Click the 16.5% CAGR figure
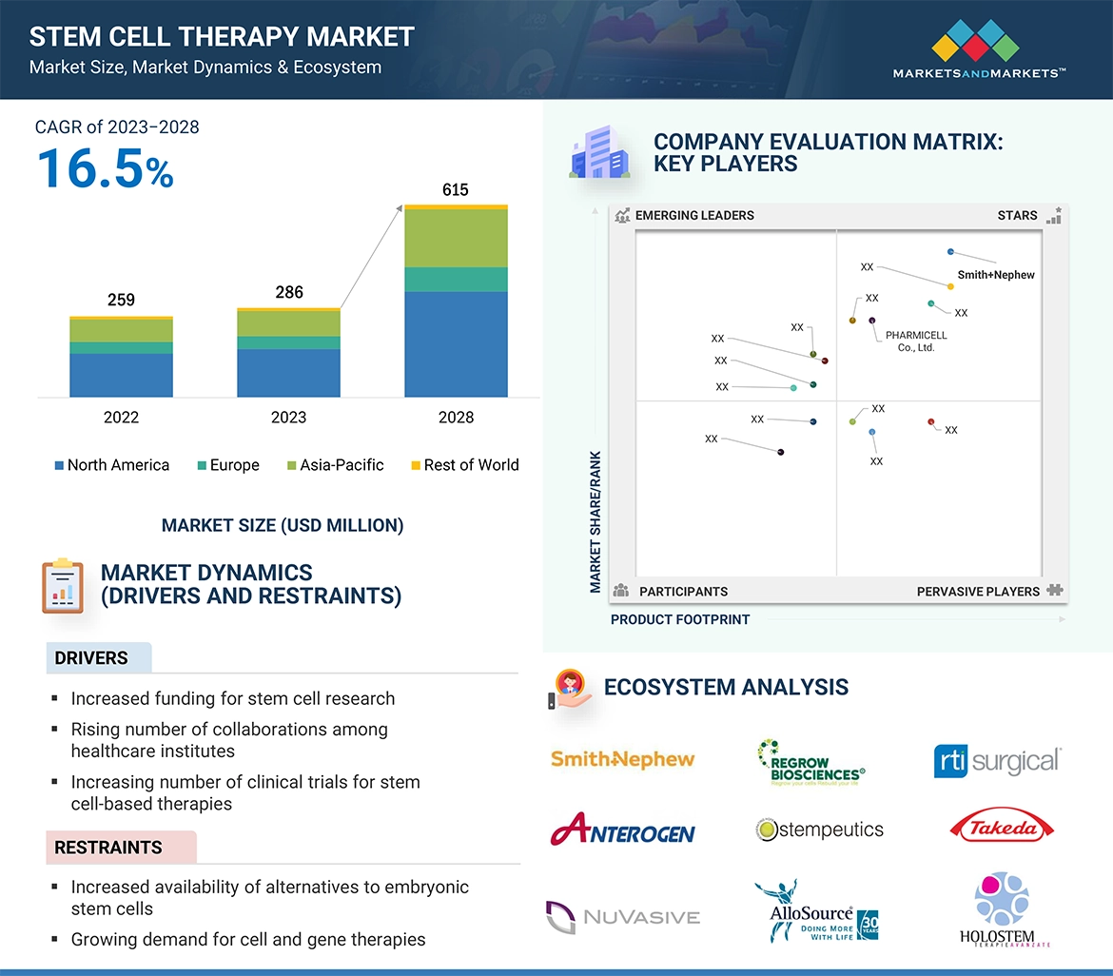click(x=105, y=168)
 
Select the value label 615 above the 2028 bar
click(x=456, y=190)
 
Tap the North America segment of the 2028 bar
click(x=456, y=343)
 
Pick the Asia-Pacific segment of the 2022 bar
click(x=121, y=330)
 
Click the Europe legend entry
click(x=227, y=465)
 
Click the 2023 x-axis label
click(x=288, y=418)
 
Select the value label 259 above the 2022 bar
click(x=121, y=301)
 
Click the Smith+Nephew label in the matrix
click(x=996, y=275)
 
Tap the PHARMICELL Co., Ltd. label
click(x=915, y=342)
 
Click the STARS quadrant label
click(x=1017, y=216)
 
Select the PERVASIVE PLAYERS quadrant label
click(x=978, y=592)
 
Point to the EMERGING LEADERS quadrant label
click(x=694, y=216)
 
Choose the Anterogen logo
click(x=622, y=830)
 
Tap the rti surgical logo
click(x=997, y=761)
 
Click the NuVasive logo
click(x=622, y=917)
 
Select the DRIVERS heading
click(x=91, y=658)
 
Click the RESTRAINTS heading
click(x=108, y=848)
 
